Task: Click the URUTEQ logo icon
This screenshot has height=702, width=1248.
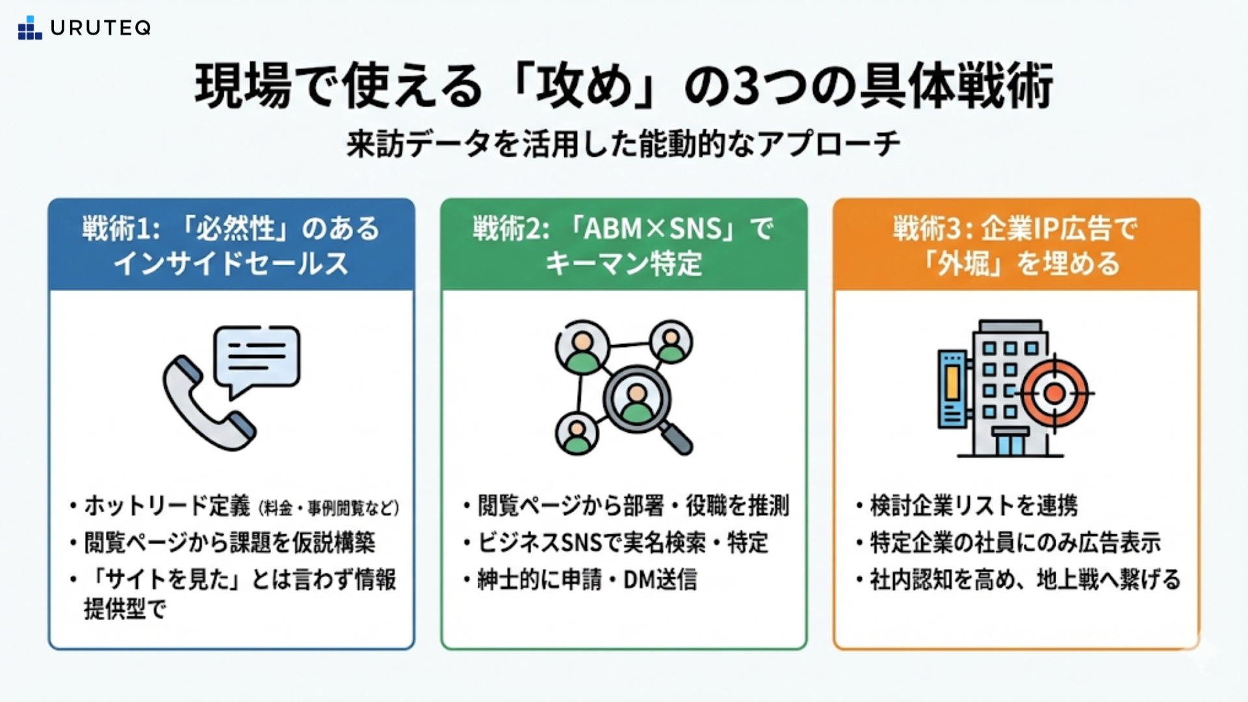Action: (30, 28)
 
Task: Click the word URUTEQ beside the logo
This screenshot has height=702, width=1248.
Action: (101, 28)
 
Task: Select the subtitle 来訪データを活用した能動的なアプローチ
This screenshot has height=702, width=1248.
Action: (623, 144)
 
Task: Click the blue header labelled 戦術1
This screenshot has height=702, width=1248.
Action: (231, 245)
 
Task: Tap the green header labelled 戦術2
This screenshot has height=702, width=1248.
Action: (623, 245)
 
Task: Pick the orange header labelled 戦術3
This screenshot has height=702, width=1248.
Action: (1016, 245)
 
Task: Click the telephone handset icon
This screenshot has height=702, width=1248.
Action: (205, 406)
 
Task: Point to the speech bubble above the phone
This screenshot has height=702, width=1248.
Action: (257, 357)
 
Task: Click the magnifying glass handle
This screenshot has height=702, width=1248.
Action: (677, 439)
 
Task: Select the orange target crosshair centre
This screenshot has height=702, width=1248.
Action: (1054, 393)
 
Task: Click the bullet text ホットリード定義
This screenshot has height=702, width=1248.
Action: (167, 506)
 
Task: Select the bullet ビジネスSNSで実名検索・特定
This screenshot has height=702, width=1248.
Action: (623, 543)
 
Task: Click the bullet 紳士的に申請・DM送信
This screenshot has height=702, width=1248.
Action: (587, 580)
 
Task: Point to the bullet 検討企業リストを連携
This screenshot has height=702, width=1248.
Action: (974, 506)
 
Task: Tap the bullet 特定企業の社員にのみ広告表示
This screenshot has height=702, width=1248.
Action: (1015, 543)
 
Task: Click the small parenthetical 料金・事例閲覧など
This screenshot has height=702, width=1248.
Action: (329, 508)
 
